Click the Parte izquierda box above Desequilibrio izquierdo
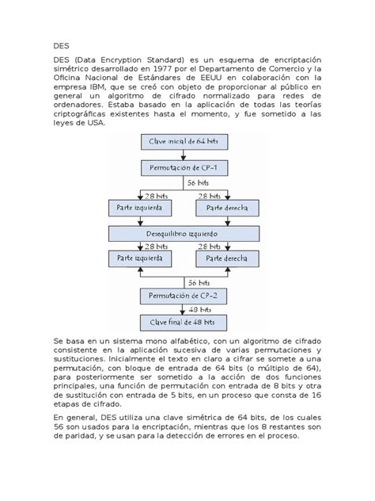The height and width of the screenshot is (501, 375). point(138,208)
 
